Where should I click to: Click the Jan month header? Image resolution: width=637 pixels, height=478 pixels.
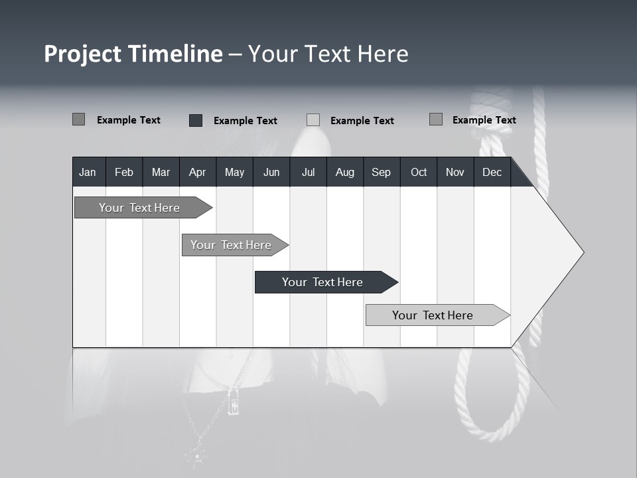(88, 172)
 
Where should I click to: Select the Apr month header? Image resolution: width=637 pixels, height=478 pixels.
(197, 172)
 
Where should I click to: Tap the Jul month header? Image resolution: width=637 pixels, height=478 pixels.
(308, 172)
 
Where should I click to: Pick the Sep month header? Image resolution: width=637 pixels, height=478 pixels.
(381, 172)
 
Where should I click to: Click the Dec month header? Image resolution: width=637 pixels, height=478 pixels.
(492, 172)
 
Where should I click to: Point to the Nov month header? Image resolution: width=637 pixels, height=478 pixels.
(455, 172)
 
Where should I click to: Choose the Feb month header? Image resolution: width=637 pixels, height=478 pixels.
(124, 172)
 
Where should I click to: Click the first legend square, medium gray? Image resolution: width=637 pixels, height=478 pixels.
(78, 119)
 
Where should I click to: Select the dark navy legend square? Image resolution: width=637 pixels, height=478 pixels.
(196, 120)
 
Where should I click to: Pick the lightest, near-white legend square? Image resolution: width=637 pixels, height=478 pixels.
(313, 120)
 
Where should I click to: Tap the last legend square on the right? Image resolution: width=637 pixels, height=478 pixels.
(435, 119)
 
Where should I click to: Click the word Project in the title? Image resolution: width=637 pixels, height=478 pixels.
(84, 54)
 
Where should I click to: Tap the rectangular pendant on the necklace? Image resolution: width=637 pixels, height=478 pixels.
(234, 400)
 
